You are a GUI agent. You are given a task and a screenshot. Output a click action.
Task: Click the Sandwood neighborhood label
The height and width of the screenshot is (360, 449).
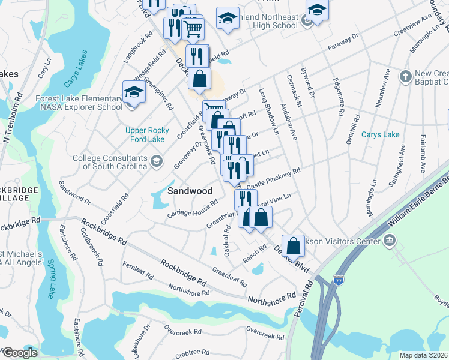click(x=190, y=191)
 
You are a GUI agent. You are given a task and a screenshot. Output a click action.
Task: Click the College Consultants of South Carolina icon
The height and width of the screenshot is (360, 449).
click(x=157, y=160)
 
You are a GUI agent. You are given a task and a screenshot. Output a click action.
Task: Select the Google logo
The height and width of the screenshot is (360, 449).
click(x=20, y=353)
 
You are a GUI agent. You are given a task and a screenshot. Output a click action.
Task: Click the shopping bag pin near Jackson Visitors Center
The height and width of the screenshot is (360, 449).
click(x=292, y=245)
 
